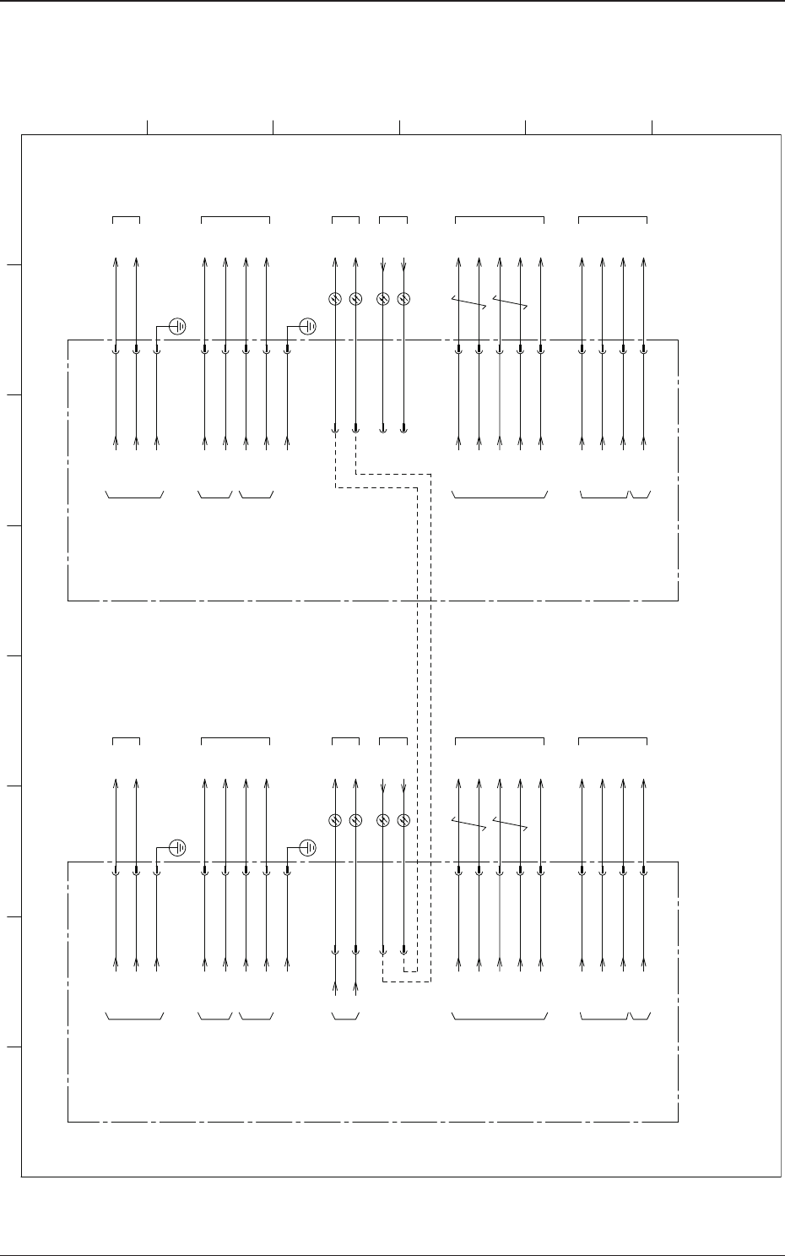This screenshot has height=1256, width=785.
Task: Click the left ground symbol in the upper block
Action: click(178, 325)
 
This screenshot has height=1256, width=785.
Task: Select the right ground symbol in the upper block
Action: click(308, 325)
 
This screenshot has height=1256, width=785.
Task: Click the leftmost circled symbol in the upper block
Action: click(335, 299)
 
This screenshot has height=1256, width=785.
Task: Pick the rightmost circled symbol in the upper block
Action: click(403, 299)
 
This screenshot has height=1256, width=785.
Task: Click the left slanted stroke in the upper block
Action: click(469, 302)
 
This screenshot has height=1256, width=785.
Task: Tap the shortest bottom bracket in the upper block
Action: click(641, 496)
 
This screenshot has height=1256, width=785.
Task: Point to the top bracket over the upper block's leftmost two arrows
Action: click(127, 218)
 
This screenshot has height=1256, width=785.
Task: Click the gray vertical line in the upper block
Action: click(500, 397)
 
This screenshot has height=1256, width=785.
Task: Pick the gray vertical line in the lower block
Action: click(500, 919)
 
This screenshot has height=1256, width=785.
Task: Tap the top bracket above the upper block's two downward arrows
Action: click(393, 218)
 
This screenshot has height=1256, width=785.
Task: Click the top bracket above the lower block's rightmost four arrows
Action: click(613, 740)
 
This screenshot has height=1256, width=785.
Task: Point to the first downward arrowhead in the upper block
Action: click(384, 268)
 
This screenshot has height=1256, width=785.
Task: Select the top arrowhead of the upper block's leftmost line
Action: click(116, 260)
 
